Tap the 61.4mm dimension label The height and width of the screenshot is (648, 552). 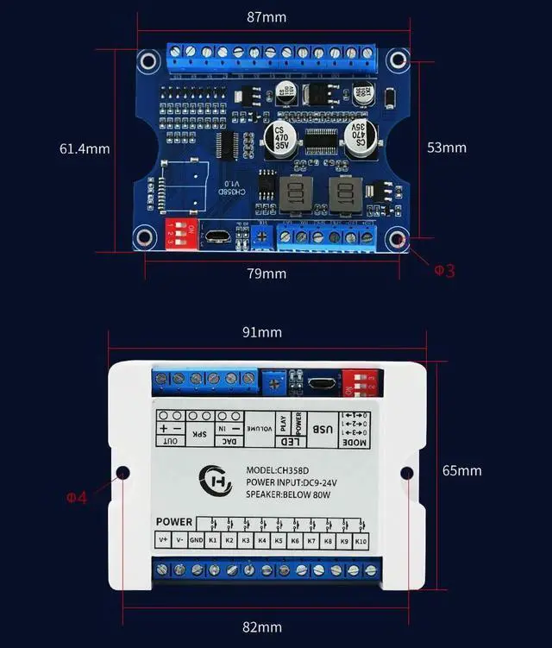pos(85,148)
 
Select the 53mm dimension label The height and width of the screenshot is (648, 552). pos(447,148)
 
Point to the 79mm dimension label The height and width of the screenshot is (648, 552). pos(267,274)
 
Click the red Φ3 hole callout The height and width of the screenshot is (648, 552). pos(444,271)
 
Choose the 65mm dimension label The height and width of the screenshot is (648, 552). pos(462,470)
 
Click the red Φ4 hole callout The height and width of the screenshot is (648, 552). pos(77,497)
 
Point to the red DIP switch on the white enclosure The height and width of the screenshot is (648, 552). pos(359,381)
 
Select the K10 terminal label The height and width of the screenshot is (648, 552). pos(361,540)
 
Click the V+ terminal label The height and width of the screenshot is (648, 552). pos(164,540)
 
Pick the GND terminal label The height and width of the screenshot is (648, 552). pos(197,540)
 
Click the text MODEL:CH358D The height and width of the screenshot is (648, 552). pos(277,470)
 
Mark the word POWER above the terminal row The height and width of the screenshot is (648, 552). pos(174,522)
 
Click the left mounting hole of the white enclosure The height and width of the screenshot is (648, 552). pos(122,472)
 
